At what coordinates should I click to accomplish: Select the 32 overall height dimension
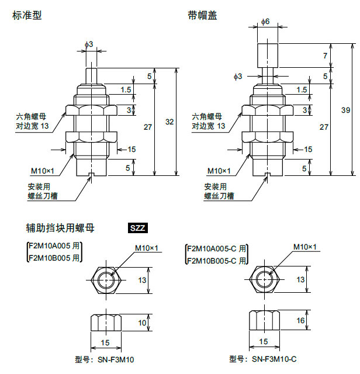pyautogui.click(x=170, y=122)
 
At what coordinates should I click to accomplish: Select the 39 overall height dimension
pyautogui.click(x=346, y=110)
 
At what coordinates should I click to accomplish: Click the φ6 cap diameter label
pyautogui.click(x=265, y=22)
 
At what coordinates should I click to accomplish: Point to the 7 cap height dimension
pyautogui.click(x=325, y=56)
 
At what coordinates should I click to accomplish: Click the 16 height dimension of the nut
pyautogui.click(x=300, y=321)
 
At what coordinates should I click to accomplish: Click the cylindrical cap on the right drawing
pyautogui.click(x=267, y=56)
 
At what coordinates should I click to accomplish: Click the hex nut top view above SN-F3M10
pyautogui.click(x=106, y=280)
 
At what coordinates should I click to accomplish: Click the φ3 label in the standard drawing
pyautogui.click(x=89, y=44)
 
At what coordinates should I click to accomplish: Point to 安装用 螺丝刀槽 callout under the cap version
pyautogui.click(x=219, y=192)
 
